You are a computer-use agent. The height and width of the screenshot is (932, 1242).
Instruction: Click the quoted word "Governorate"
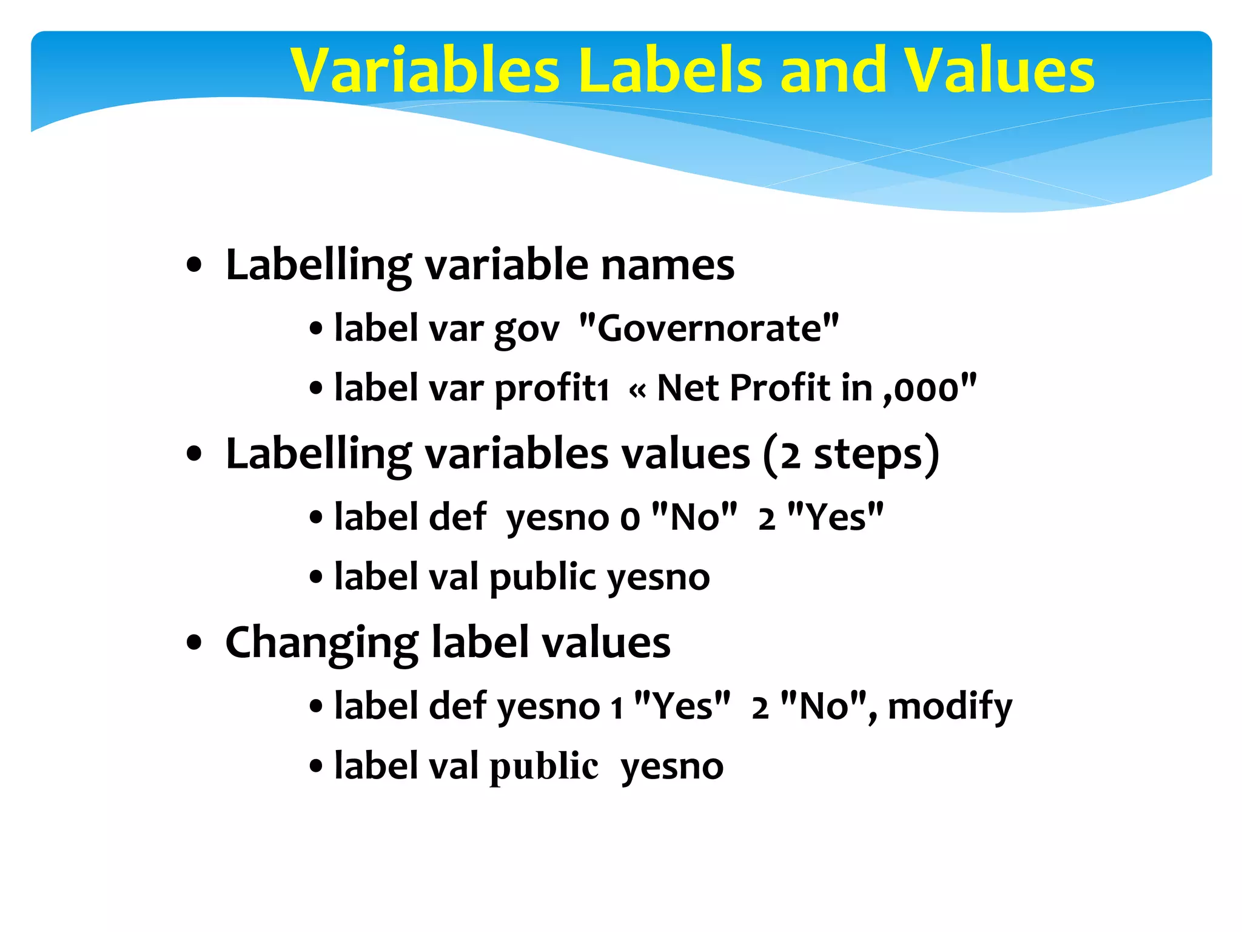[x=709, y=328]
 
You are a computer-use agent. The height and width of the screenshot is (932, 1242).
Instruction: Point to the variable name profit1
[x=552, y=388]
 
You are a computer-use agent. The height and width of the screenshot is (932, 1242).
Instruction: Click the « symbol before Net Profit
[x=637, y=390]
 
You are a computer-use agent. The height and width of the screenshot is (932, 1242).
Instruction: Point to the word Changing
[x=321, y=643]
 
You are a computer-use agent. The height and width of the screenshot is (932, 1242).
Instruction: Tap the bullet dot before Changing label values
[x=194, y=643]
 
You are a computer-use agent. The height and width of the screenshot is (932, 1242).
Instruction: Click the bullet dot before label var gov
[x=316, y=329]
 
